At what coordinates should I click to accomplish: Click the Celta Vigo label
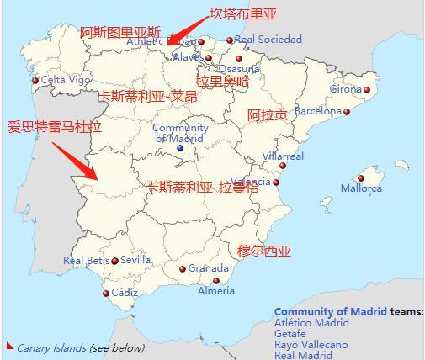66,80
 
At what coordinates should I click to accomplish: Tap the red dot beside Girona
367,90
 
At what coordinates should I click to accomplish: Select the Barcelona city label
317,110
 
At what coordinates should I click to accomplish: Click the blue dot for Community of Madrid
179,148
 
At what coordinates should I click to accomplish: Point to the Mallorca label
361,188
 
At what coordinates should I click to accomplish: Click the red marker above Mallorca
361,178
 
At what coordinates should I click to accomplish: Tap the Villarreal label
284,156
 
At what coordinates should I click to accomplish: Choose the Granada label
208,268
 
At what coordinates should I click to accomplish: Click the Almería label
216,291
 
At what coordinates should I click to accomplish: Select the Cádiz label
125,293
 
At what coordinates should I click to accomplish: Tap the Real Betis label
87,261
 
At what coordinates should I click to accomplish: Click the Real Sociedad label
268,40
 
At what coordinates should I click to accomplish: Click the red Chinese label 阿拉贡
267,114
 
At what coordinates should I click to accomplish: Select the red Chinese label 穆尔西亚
264,251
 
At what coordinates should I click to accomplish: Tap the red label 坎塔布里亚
242,13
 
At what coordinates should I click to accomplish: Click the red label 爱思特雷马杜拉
54,127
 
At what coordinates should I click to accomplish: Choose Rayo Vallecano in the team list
311,345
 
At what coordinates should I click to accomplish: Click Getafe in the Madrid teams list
291,334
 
